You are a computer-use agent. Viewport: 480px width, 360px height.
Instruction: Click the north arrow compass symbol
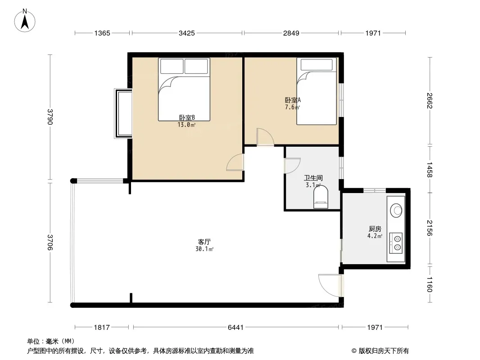click(x=25, y=21)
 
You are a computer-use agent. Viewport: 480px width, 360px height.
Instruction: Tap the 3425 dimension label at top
click(x=187, y=33)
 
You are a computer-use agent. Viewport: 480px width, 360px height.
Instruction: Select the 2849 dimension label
click(x=291, y=33)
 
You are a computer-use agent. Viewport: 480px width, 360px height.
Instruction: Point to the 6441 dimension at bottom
click(x=235, y=328)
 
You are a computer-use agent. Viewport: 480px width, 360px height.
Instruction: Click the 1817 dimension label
click(x=102, y=328)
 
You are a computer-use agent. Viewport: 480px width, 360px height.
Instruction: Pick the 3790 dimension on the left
click(x=50, y=117)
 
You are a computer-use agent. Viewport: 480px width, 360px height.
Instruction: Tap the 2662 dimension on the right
click(x=430, y=101)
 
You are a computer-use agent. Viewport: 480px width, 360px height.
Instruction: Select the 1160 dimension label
click(x=430, y=284)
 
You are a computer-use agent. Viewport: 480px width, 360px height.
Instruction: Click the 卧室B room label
click(x=187, y=117)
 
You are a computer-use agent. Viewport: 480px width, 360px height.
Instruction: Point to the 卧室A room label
click(x=293, y=100)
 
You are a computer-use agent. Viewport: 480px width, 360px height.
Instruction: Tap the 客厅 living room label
click(x=204, y=242)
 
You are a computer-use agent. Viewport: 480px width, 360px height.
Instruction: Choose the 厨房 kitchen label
click(x=375, y=229)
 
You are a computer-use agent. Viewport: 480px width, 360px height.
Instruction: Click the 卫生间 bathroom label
click(x=313, y=178)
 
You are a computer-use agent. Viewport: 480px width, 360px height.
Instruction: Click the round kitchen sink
click(x=396, y=210)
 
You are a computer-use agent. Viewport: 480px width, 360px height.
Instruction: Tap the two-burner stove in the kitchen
click(x=396, y=243)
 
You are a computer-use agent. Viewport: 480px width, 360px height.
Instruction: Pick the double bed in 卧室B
click(x=184, y=89)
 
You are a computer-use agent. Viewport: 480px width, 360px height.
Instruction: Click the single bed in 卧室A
click(x=317, y=91)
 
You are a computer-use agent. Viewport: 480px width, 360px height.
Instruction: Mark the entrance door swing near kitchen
click(x=330, y=285)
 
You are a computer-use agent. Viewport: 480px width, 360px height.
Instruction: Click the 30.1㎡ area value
click(x=204, y=249)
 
